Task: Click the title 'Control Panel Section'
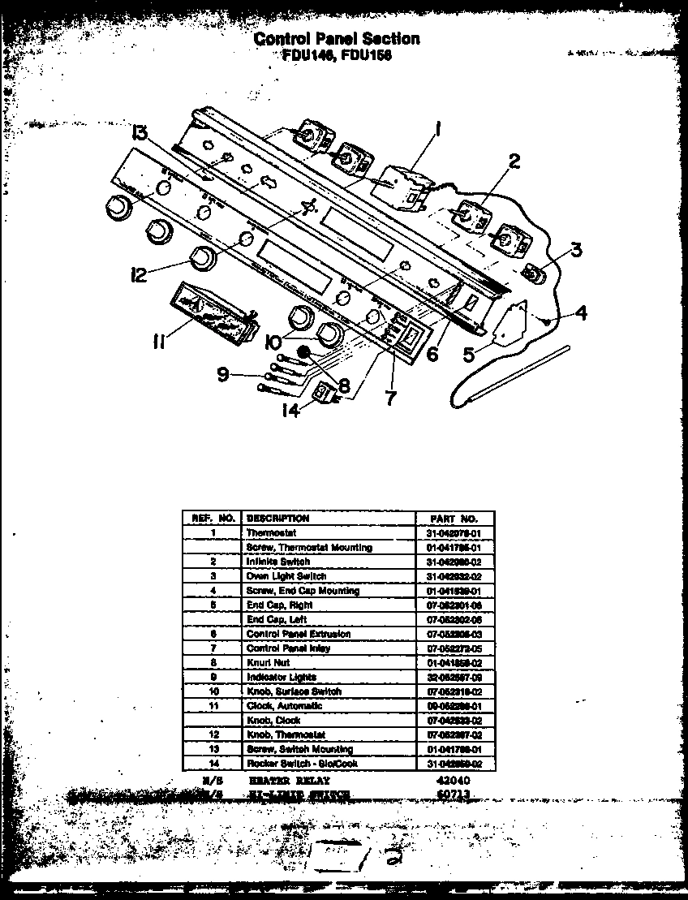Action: (x=337, y=38)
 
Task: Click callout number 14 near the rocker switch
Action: (x=290, y=410)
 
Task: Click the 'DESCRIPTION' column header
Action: (x=277, y=518)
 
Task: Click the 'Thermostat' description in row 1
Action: (x=271, y=532)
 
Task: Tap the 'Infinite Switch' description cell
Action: (x=277, y=562)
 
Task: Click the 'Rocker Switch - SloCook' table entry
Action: (x=301, y=764)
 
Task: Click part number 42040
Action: (x=448, y=779)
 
